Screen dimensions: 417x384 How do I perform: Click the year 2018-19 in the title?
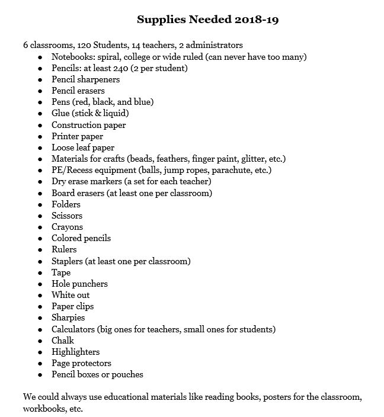pos(255,20)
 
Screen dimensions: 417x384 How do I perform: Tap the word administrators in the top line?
pos(215,45)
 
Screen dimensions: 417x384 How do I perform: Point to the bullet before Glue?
pos(40,114)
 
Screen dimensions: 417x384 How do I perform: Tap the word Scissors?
pos(67,216)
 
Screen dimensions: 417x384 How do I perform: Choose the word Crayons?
pos(67,227)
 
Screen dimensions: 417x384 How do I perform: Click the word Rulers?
pos(64,249)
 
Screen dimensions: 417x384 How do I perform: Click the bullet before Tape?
pos(40,273)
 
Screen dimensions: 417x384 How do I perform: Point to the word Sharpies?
pos(68,317)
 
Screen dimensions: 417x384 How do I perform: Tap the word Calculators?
pos(73,329)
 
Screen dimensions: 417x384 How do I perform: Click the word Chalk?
pos(63,341)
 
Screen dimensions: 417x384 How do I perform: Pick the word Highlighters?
pos(75,352)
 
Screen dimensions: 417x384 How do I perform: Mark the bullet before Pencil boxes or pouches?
pos(40,375)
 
